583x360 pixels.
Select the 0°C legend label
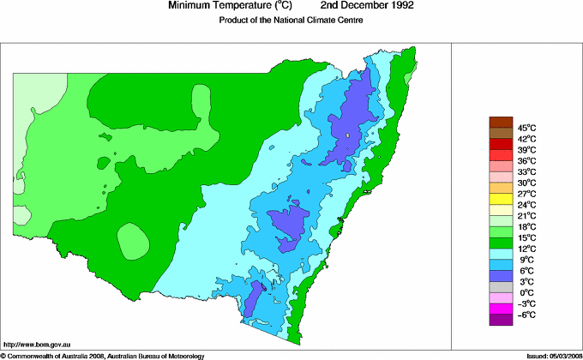tap(526, 292)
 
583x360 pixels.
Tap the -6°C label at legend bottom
tap(526, 315)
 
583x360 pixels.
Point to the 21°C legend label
tap(526, 215)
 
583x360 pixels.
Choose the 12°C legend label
tap(526, 249)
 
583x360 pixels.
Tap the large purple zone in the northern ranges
tap(353, 111)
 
